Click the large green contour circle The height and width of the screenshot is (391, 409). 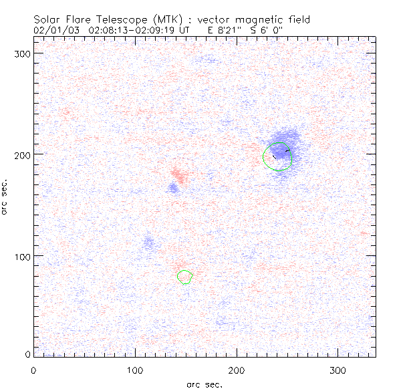[x=278, y=156]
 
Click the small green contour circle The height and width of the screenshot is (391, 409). [x=185, y=276]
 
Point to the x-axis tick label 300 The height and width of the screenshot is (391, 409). [x=337, y=370]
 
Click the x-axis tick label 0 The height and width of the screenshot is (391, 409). [x=33, y=370]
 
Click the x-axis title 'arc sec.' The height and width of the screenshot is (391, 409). [x=204, y=384]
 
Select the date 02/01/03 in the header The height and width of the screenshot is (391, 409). [x=52, y=30]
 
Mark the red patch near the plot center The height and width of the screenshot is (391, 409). [x=177, y=176]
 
